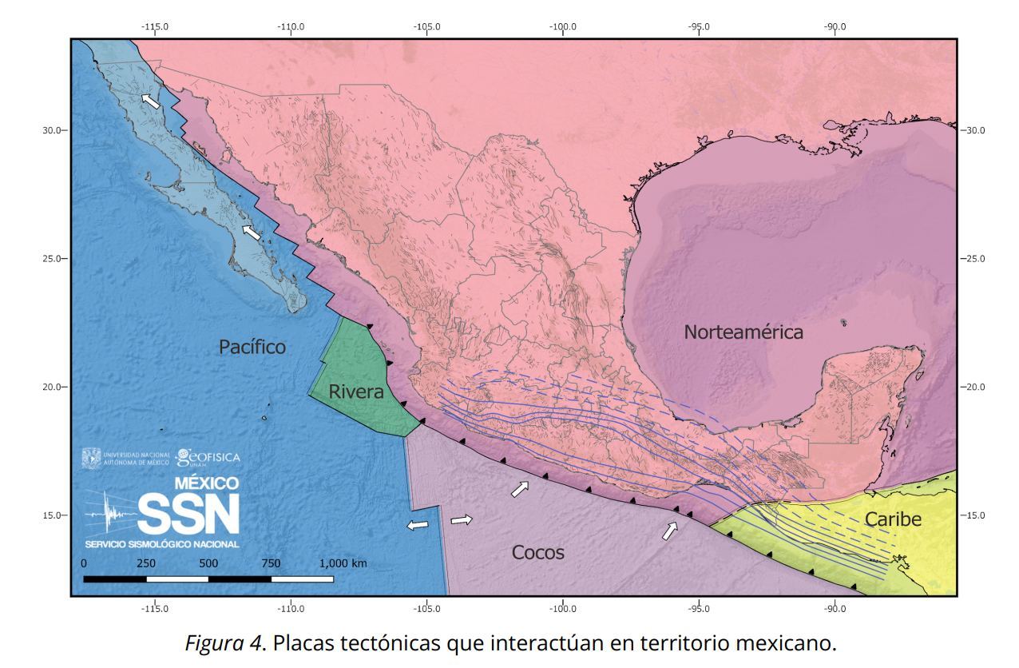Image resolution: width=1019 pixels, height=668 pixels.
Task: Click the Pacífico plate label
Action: coord(252,347)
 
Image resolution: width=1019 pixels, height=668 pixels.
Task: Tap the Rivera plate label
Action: coord(356,392)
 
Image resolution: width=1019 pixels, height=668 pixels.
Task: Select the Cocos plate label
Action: coord(537,553)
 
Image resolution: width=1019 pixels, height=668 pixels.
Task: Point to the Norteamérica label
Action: coord(743,332)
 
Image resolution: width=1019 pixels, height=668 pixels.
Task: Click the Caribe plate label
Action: coord(893,520)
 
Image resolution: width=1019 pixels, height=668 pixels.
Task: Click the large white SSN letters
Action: coord(188,514)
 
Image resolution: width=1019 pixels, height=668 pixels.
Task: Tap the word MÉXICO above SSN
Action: coord(207,483)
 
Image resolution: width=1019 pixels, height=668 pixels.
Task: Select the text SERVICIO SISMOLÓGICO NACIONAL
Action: coord(161,544)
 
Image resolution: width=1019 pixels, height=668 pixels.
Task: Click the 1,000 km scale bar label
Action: coord(343,563)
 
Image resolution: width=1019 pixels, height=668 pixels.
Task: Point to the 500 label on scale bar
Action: coord(208,563)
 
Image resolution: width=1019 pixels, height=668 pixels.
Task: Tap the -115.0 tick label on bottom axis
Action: coord(155,609)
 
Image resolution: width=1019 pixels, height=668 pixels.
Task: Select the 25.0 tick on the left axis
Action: coord(51,259)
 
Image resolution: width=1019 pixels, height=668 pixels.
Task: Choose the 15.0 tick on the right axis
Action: coord(976,515)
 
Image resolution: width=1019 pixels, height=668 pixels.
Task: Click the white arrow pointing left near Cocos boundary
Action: coord(417,525)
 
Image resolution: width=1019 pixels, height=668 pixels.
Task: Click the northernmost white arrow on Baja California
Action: coord(150,101)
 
